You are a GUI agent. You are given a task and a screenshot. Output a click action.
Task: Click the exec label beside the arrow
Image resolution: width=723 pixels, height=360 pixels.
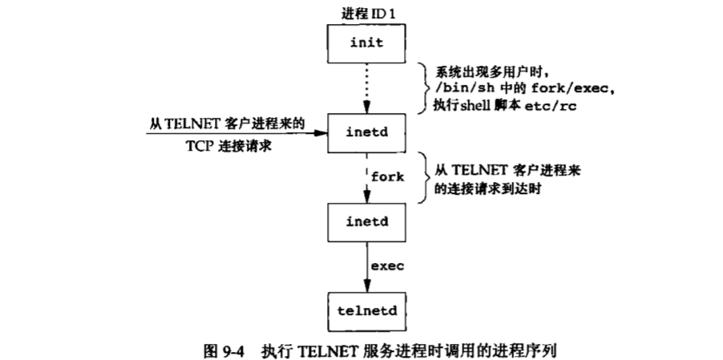point(387,264)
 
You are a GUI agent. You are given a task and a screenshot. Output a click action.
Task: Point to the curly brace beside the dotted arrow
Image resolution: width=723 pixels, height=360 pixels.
point(422,87)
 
